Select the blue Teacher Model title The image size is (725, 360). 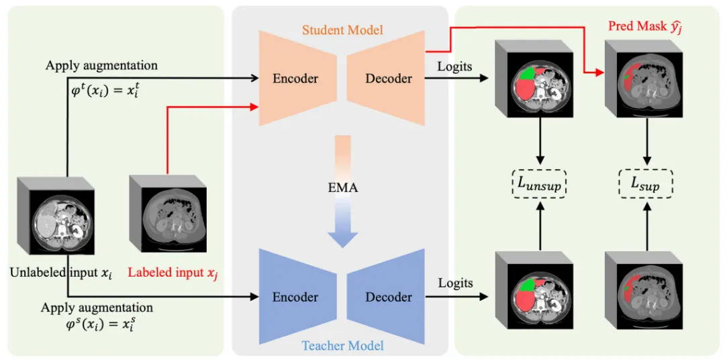342,345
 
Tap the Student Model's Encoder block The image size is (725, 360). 295,79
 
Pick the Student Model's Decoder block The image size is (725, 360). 388,79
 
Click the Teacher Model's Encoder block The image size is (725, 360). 295,297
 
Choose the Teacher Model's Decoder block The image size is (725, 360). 388,297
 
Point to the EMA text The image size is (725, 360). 342,188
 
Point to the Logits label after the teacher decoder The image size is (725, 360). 456,283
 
